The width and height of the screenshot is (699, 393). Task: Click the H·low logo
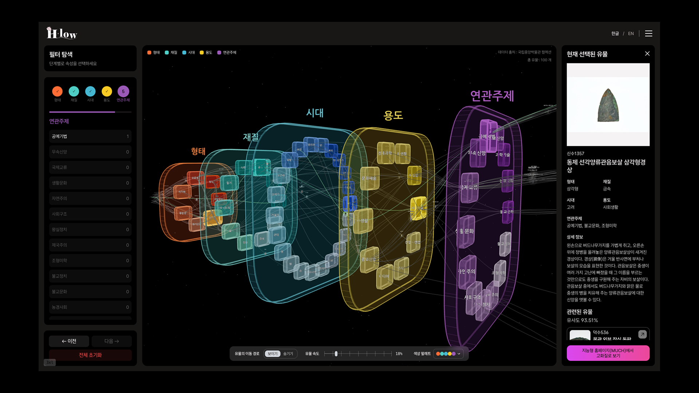(x=62, y=33)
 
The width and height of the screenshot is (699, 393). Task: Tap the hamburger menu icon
(x=648, y=33)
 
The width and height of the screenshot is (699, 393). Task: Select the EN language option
(x=631, y=33)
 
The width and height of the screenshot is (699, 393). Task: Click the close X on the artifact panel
(x=647, y=53)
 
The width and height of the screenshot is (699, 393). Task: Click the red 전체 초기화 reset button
(x=90, y=355)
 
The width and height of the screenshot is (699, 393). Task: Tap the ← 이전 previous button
(x=69, y=341)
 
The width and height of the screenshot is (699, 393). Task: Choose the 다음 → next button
(x=111, y=341)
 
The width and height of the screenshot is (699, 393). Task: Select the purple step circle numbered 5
(x=123, y=91)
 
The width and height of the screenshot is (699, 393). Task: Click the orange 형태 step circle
(x=57, y=91)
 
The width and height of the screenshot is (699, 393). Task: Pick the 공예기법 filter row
(x=90, y=136)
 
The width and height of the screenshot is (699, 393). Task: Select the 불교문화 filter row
(x=90, y=291)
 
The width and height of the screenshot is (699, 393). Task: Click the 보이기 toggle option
(x=272, y=354)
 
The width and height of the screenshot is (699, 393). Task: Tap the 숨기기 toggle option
(x=288, y=354)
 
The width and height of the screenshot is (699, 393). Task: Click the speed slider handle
(x=336, y=354)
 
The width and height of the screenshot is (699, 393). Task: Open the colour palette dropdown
(x=449, y=354)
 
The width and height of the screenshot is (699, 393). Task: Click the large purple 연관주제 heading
(x=492, y=96)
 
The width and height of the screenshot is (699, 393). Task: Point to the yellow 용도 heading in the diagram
(x=393, y=115)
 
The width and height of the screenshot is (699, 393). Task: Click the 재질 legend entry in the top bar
(x=171, y=52)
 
